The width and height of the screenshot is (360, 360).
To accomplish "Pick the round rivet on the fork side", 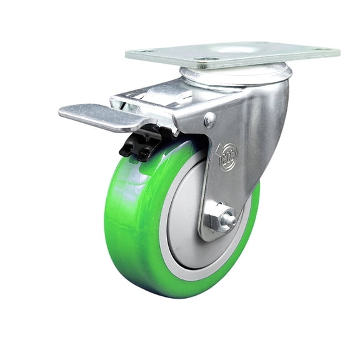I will (x=210, y=119).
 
